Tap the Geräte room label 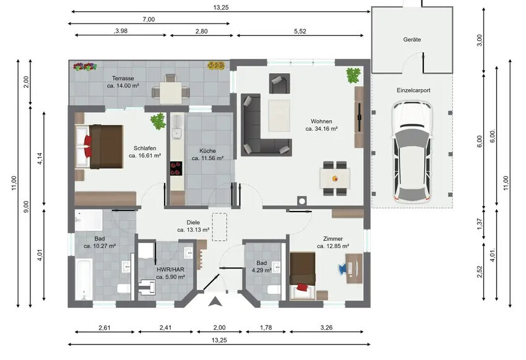click(x=412, y=40)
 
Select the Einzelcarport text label click(x=413, y=90)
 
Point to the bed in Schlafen click(x=98, y=146)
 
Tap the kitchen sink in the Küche click(x=176, y=132)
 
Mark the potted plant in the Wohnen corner click(x=353, y=75)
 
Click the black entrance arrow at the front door click(x=215, y=302)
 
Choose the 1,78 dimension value click(x=266, y=327)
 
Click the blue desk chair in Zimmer click(x=342, y=268)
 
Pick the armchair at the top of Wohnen click(x=278, y=82)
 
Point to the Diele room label click(x=193, y=223)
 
